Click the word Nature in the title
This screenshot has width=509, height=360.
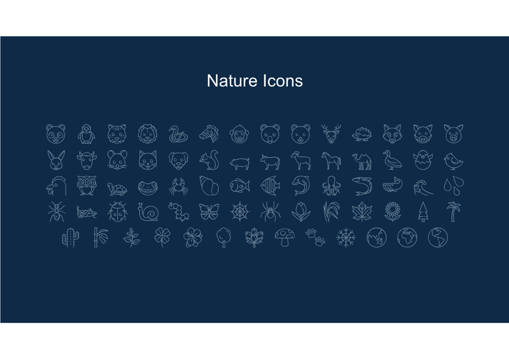232,81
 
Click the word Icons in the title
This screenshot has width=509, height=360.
283,81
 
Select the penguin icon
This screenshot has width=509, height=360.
86,133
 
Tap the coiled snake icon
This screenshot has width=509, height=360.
178,134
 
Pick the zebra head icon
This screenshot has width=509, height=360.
209,133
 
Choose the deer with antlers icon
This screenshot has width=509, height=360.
331,133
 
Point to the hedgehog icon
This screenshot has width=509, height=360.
362,135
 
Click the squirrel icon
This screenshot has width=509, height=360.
209,160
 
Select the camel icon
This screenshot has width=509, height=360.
362,161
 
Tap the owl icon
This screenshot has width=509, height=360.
86,186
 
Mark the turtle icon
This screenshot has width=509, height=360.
117,189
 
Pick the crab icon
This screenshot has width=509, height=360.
178,186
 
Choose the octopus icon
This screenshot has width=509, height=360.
331,186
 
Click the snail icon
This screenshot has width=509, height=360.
148,212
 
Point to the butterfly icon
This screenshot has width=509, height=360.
209,212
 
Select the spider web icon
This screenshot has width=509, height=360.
240,212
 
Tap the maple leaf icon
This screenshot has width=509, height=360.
362,212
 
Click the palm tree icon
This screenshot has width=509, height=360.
453,212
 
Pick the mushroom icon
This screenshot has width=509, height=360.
284,237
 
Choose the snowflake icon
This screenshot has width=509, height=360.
346,237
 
